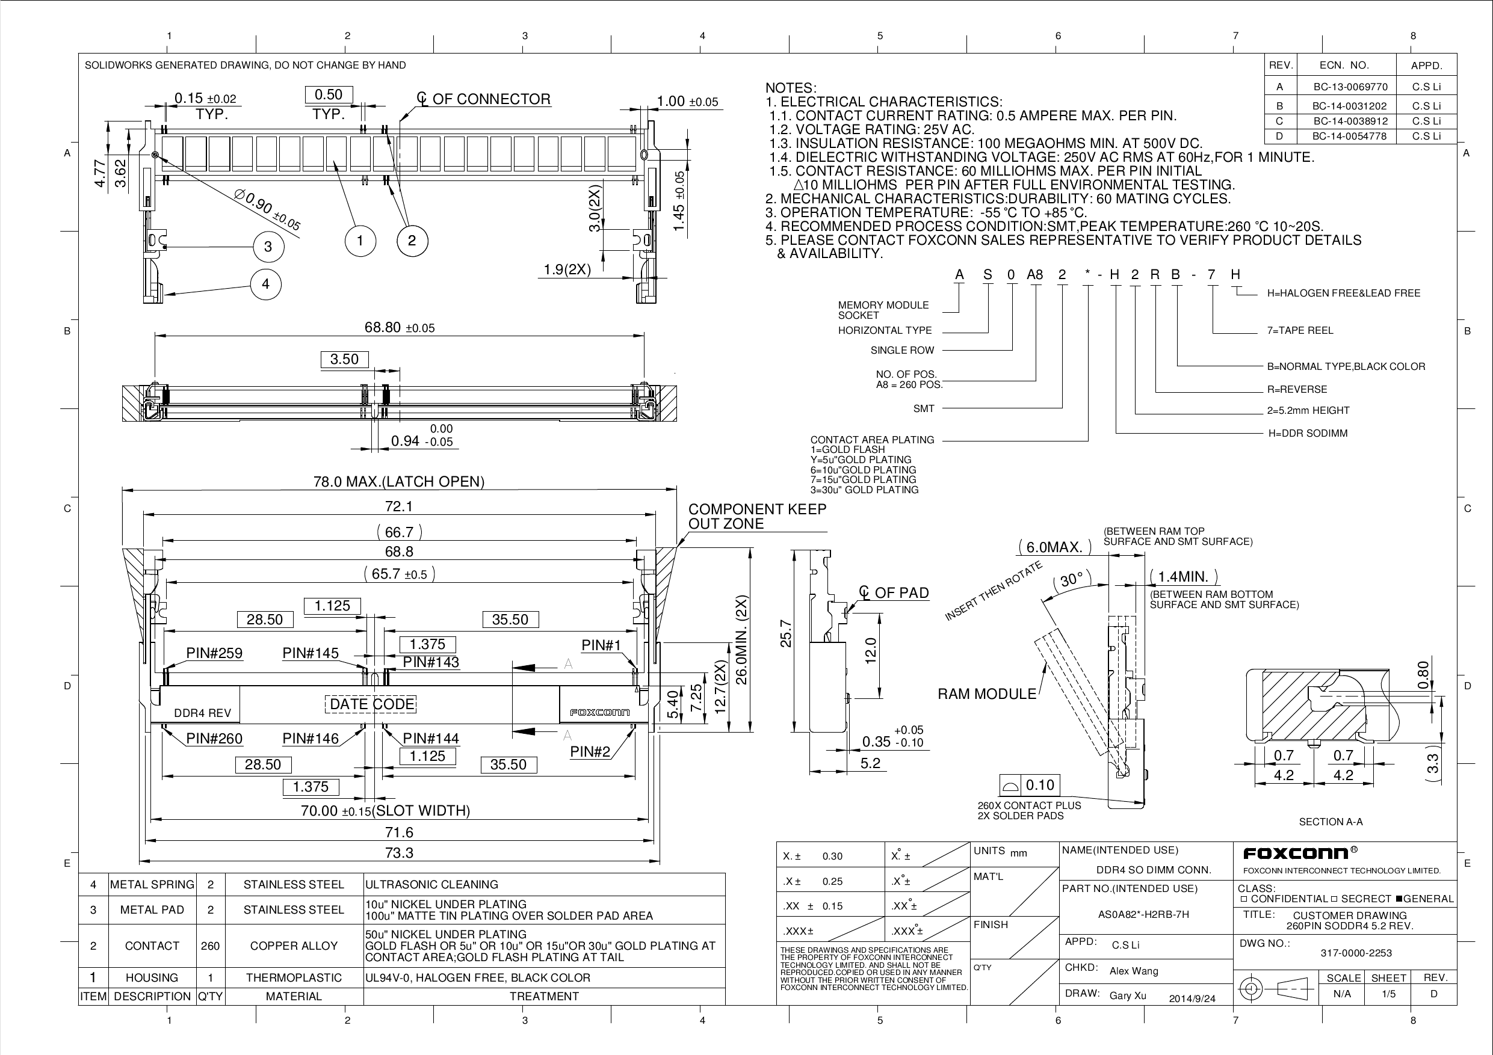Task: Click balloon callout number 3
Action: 268,247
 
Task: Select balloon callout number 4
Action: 265,284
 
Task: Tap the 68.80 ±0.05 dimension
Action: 399,328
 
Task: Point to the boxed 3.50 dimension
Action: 344,360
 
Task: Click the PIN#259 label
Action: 214,653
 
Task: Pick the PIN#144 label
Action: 430,739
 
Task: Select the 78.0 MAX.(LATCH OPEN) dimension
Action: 398,482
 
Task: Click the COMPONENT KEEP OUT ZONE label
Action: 757,516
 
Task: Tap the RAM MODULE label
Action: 986,694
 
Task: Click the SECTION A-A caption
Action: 1331,822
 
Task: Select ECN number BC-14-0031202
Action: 1349,105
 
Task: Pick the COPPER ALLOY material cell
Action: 293,946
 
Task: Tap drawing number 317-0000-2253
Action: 1356,953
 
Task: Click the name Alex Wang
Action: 1133,971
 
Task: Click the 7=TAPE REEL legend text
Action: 1299,330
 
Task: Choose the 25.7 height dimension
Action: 785,634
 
